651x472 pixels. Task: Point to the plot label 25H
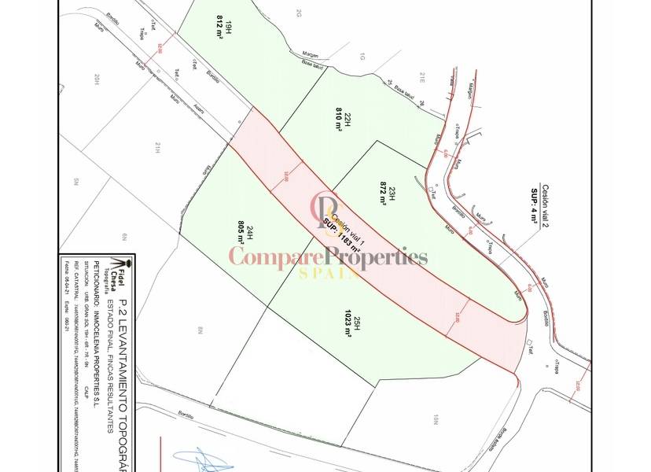coord(357,323)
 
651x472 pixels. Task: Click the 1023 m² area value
coord(346,323)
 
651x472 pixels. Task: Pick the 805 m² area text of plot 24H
coord(241,234)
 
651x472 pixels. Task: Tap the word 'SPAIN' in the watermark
coord(329,273)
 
